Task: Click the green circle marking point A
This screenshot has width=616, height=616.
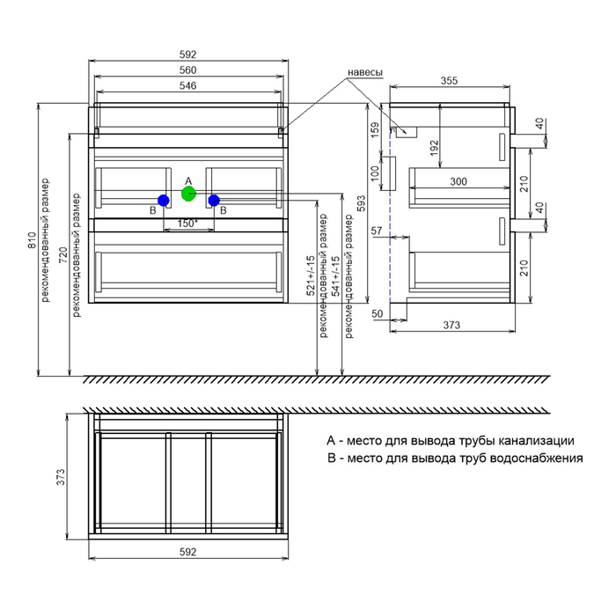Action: tap(187, 193)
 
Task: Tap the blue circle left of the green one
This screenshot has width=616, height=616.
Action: tap(164, 201)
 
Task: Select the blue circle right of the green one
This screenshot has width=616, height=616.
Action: tap(214, 201)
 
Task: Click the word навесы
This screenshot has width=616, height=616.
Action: tap(364, 73)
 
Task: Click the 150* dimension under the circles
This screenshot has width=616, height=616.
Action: tap(187, 223)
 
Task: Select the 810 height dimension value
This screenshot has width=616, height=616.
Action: tap(33, 253)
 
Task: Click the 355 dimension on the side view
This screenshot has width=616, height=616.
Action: tap(449, 80)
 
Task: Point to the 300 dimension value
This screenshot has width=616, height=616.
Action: tap(458, 181)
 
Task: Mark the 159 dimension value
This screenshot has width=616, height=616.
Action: tap(375, 131)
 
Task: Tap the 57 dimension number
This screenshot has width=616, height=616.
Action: tap(377, 231)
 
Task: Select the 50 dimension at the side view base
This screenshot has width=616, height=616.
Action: tap(377, 313)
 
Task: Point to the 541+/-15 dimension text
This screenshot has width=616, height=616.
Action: tap(334, 275)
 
